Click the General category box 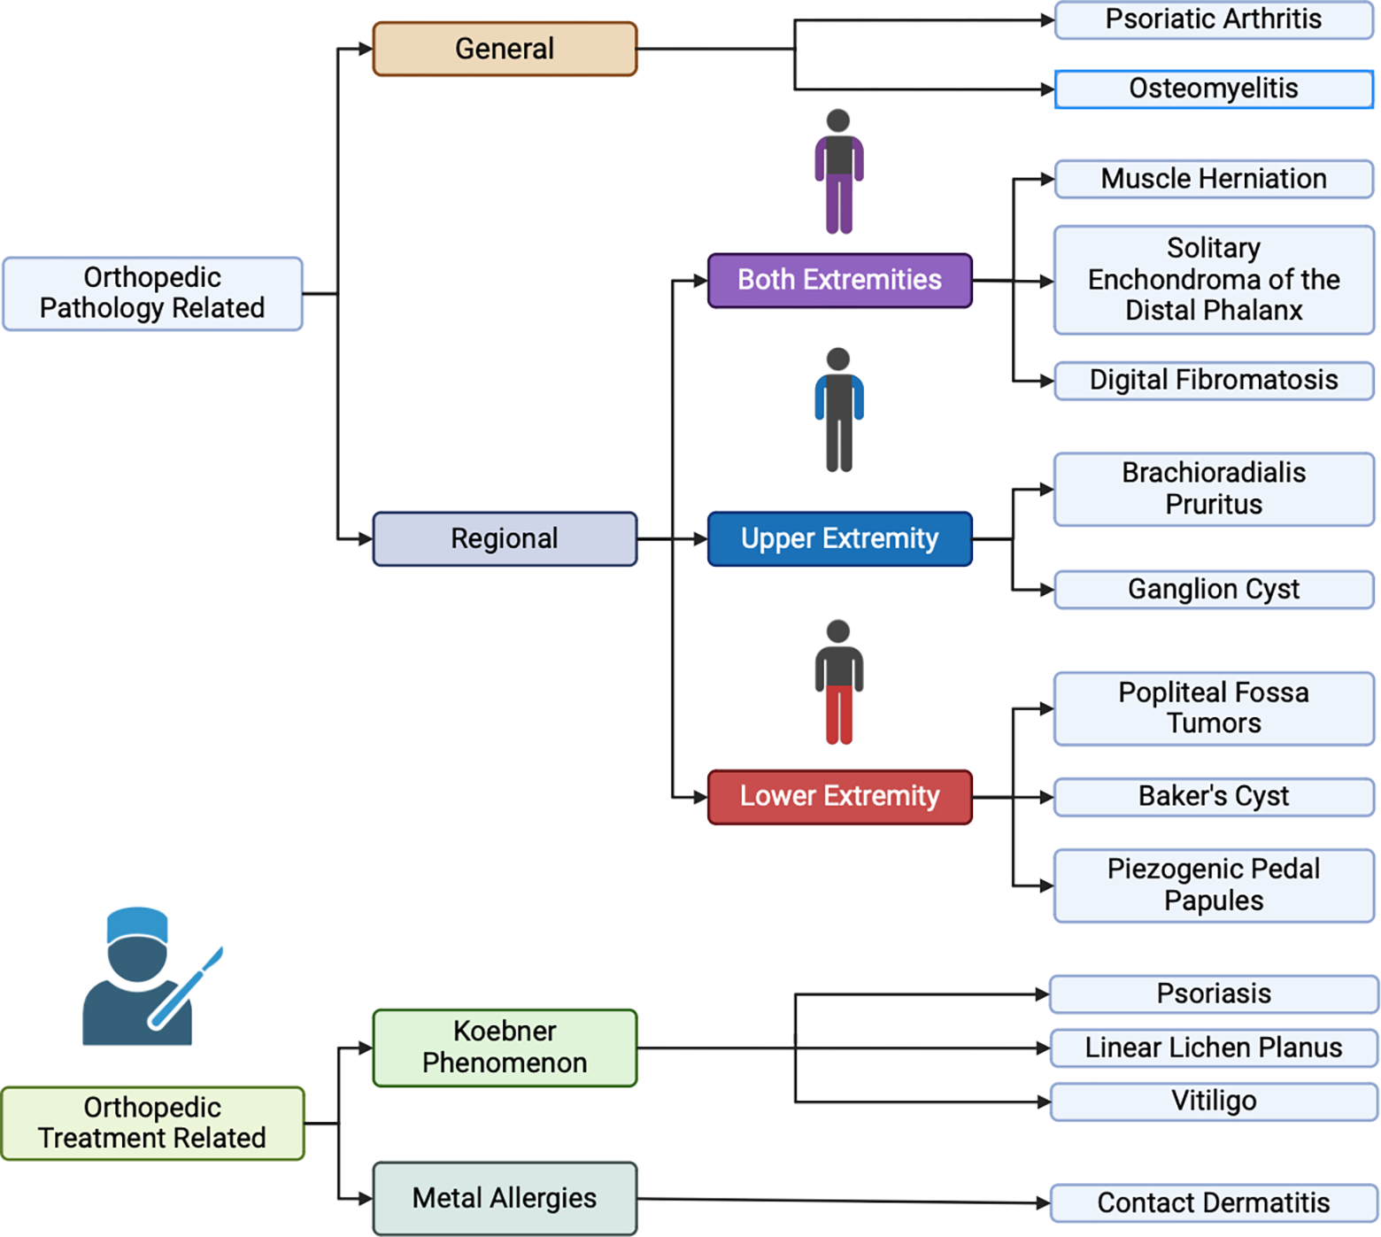[x=505, y=49]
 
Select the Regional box [x=505, y=538]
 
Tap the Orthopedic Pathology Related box [x=152, y=293]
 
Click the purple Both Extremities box [x=839, y=280]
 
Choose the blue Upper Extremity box [x=839, y=538]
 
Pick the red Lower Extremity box [x=839, y=796]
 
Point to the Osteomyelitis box [x=1213, y=89]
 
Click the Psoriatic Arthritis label [x=1213, y=19]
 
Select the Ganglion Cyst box [x=1213, y=589]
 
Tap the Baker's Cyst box [x=1213, y=796]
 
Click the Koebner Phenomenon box [x=505, y=1047]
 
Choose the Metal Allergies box [x=505, y=1198]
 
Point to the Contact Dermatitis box [x=1213, y=1202]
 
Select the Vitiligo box [x=1213, y=1101]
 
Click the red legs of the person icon [x=838, y=714]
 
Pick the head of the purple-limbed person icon [x=838, y=120]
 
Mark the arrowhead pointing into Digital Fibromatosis [x=1046, y=382]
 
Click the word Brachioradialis [x=1213, y=473]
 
